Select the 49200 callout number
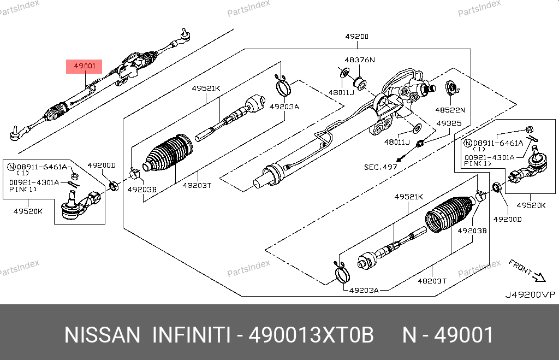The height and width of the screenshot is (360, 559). click(356, 37)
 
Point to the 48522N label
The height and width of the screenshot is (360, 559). click(450, 109)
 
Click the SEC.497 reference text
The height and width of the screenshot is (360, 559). click(380, 167)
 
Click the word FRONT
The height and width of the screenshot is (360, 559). click(520, 266)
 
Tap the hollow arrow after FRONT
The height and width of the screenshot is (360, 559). click(539, 277)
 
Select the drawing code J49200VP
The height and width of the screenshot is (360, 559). click(529, 295)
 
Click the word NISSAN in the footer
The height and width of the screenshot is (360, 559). click(102, 335)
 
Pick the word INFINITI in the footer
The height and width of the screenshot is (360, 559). click(190, 335)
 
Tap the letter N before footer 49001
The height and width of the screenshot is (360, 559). click(409, 335)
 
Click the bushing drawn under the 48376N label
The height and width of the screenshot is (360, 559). click(360, 83)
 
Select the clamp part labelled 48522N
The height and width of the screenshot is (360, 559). click(451, 87)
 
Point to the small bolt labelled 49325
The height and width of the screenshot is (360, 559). click(420, 144)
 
